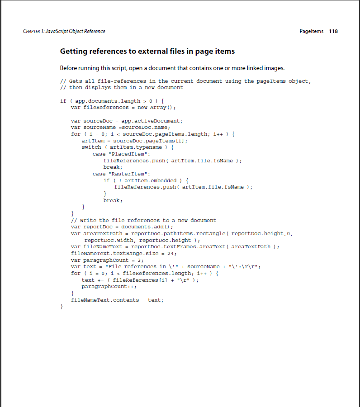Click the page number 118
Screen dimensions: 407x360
coord(333,31)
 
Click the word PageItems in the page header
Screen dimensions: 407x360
coord(312,31)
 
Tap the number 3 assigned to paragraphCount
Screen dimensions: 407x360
coord(140,260)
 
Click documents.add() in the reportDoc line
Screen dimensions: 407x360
coord(147,227)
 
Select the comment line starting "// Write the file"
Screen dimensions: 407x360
coord(143,220)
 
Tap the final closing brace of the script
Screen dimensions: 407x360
coord(62,307)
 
